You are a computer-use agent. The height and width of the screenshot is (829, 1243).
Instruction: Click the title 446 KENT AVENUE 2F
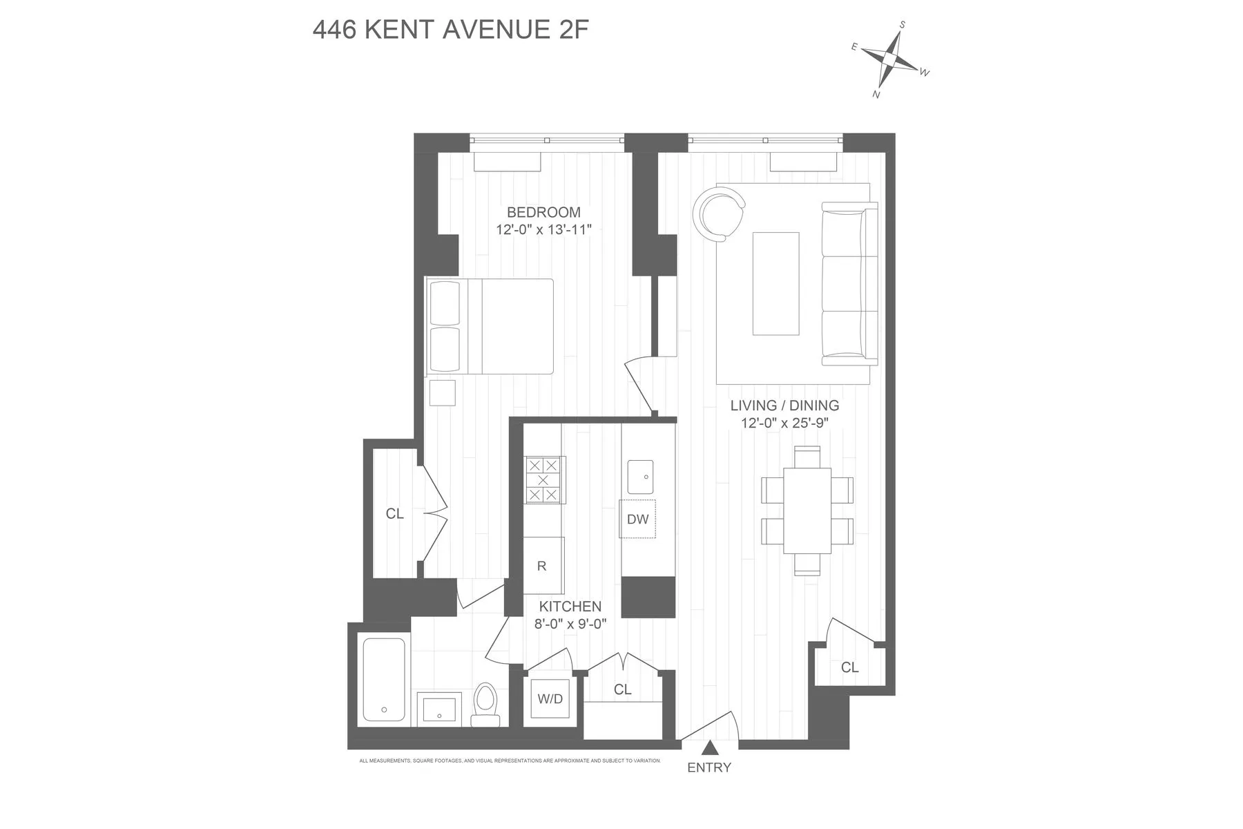pyautogui.click(x=450, y=30)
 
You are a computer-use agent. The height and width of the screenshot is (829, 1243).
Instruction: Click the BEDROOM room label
pyautogui.click(x=543, y=212)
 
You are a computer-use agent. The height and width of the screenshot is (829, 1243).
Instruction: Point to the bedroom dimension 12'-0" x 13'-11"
pyautogui.click(x=543, y=229)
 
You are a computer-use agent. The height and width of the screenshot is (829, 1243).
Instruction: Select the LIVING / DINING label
pyautogui.click(x=784, y=406)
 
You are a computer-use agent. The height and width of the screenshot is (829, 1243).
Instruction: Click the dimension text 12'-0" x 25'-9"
pyautogui.click(x=784, y=423)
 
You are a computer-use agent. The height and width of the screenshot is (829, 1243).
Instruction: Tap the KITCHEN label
pyautogui.click(x=570, y=607)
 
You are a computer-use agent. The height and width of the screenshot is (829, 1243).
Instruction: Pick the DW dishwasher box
pyautogui.click(x=637, y=519)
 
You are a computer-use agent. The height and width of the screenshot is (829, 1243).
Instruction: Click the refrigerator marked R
pyautogui.click(x=543, y=566)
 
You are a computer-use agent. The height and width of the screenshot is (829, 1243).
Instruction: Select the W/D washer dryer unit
pyautogui.click(x=550, y=699)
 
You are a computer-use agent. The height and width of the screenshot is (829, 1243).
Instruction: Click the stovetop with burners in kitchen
pyautogui.click(x=543, y=479)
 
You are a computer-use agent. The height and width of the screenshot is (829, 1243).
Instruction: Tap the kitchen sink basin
pyautogui.click(x=640, y=477)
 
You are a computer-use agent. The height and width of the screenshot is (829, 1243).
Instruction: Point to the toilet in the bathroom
pyautogui.click(x=485, y=704)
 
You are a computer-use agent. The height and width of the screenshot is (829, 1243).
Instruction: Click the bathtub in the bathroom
pyautogui.click(x=384, y=680)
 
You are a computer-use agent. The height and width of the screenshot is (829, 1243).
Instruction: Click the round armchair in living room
pyautogui.click(x=719, y=215)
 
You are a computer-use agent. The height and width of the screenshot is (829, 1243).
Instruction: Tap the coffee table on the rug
pyautogui.click(x=775, y=283)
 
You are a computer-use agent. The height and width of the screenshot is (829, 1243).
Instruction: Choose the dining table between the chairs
pyautogui.click(x=807, y=511)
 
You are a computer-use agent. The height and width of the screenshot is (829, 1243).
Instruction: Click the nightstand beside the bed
pyautogui.click(x=442, y=392)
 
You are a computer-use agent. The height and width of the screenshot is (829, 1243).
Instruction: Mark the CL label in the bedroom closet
pyautogui.click(x=394, y=514)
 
